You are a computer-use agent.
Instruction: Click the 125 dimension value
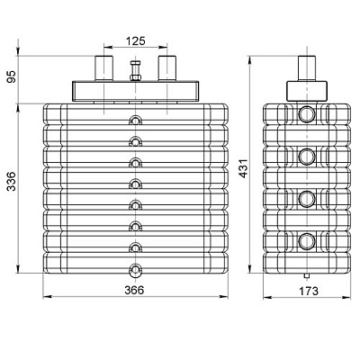pos(135,40)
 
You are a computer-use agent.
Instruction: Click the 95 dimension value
pos(12,76)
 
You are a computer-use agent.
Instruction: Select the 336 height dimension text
pos(12,181)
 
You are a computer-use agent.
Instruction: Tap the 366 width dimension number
pos(134,290)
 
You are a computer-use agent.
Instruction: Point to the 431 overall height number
pos(244,168)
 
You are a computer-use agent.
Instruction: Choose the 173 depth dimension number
pos(308,291)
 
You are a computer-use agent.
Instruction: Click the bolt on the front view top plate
pos(136,70)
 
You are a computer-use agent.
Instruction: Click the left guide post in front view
pos(103,68)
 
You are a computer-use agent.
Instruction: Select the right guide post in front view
pos(167,68)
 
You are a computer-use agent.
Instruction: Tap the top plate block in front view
pos(135,91)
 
